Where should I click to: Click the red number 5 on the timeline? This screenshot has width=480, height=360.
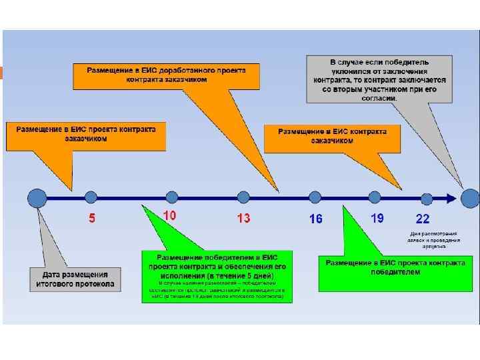(92, 218)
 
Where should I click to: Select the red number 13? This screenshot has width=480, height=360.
(243, 218)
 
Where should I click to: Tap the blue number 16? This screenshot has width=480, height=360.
(315, 219)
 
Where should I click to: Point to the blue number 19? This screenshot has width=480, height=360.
(377, 217)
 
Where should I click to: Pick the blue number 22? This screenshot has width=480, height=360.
(423, 218)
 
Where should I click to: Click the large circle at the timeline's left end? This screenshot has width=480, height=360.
(37, 197)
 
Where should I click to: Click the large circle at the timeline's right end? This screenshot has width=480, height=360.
(470, 197)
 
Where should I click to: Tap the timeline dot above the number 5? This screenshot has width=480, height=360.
(91, 197)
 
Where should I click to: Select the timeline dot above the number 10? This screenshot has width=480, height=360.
(172, 197)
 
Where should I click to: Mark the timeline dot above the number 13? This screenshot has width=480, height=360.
(243, 197)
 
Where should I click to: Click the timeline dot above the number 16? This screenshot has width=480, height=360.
(315, 197)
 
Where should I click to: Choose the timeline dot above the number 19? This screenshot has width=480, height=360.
(374, 197)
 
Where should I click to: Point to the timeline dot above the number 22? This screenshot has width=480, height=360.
(426, 197)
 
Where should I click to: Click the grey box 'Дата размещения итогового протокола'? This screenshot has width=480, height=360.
(75, 279)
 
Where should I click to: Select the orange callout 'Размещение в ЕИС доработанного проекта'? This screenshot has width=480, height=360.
(167, 75)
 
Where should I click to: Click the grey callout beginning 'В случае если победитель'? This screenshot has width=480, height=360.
(379, 79)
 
